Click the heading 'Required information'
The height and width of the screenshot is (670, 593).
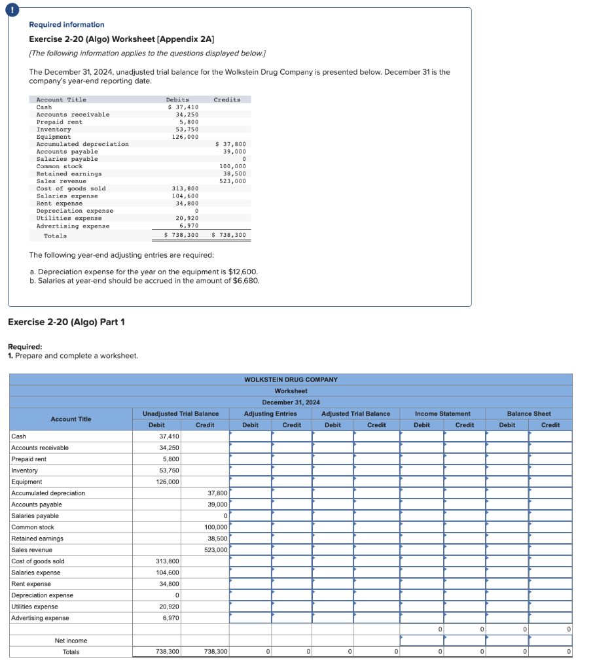tap(66, 24)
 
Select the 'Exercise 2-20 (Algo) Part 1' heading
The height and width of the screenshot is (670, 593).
tap(66, 322)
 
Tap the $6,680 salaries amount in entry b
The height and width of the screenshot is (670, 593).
tap(246, 281)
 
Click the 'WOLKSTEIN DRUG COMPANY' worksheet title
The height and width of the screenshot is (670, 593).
tap(291, 379)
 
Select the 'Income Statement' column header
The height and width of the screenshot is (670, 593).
tap(442, 414)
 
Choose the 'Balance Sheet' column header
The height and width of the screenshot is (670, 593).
tap(529, 414)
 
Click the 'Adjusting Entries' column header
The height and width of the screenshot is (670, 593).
tap(270, 414)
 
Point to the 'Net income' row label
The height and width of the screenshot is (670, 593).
tap(71, 641)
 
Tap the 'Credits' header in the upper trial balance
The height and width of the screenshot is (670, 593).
tap(226, 99)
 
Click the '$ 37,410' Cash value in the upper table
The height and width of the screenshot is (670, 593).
tap(183, 107)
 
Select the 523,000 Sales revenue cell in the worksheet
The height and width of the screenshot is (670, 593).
tap(215, 550)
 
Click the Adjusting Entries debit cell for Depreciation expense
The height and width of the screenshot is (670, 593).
tap(250, 595)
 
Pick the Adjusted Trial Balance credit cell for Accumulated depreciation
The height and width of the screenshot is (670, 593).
tap(376, 493)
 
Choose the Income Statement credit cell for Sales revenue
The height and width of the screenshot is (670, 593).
tap(464, 550)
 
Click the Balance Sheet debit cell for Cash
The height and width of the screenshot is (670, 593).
tap(507, 436)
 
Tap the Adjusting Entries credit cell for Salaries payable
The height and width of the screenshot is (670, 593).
tap(291, 516)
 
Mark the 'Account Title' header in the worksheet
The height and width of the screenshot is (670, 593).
tap(71, 419)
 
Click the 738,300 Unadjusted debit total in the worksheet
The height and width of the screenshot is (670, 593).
tap(168, 652)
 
